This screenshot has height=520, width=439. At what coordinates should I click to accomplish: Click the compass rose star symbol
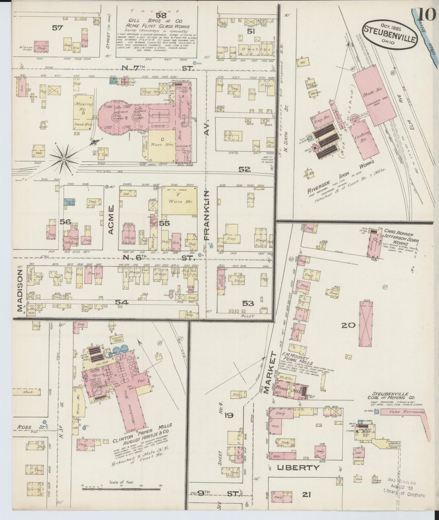pyautogui.click(x=64, y=159)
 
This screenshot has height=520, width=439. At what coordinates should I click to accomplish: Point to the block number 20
pyautogui.click(x=348, y=326)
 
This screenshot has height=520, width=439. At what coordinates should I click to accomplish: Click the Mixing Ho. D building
pyautogui.click(x=83, y=113)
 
